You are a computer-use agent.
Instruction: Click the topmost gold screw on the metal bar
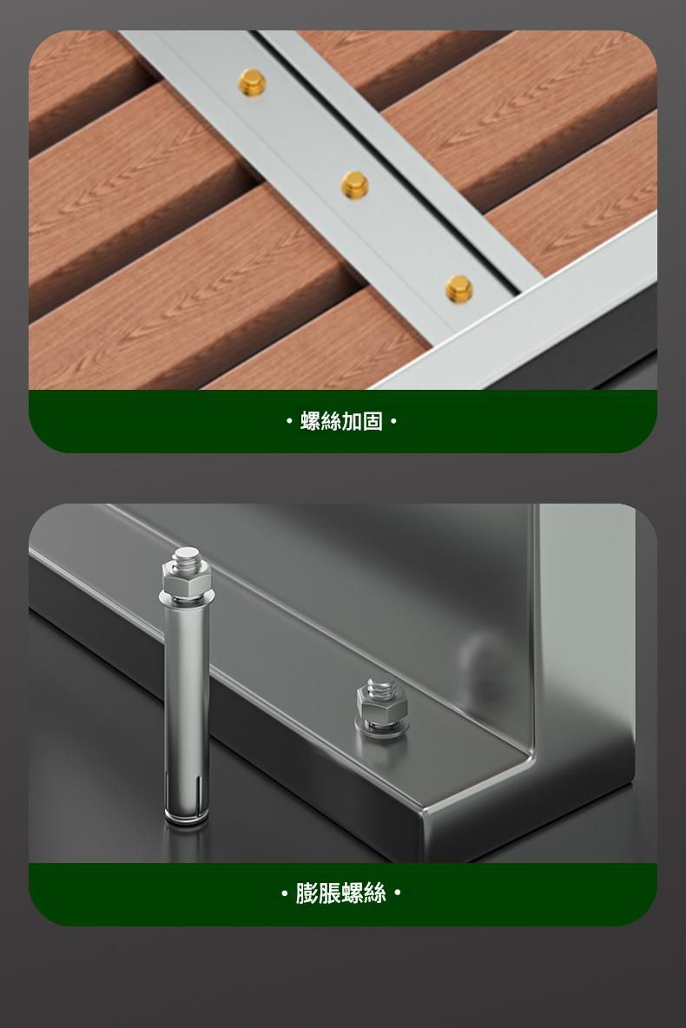click(252, 82)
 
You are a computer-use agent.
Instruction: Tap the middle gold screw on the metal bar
click(355, 185)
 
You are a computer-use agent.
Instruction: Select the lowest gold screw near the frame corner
click(459, 288)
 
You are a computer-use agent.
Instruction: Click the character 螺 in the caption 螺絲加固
click(311, 422)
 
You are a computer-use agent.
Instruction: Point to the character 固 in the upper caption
click(373, 422)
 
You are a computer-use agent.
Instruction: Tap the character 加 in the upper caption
click(353, 422)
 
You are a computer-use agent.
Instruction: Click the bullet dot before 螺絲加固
click(289, 422)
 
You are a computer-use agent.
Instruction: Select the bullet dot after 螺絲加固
click(393, 422)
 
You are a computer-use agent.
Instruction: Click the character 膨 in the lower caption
click(307, 893)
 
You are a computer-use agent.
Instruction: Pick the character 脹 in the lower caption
click(329, 893)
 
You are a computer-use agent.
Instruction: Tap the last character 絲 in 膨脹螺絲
click(374, 893)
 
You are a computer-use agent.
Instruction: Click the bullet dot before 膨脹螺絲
click(284, 893)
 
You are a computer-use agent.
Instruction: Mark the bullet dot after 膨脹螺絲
click(398, 893)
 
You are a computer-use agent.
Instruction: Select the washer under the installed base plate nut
click(380, 728)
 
